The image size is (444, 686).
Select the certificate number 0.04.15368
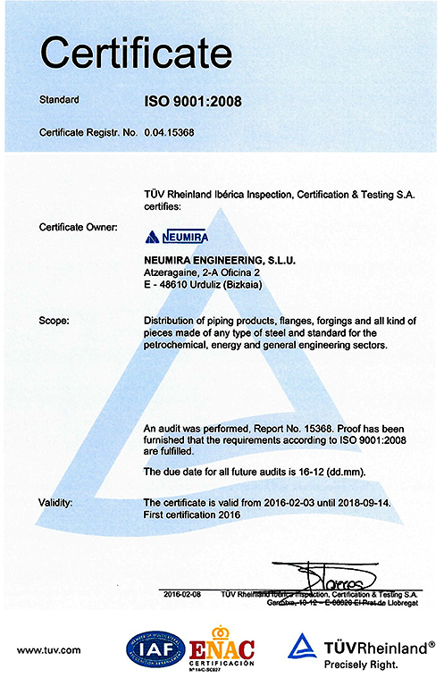click(x=170, y=133)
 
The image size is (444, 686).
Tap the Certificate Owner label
click(x=79, y=228)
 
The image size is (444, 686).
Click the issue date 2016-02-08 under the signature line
click(x=185, y=594)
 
